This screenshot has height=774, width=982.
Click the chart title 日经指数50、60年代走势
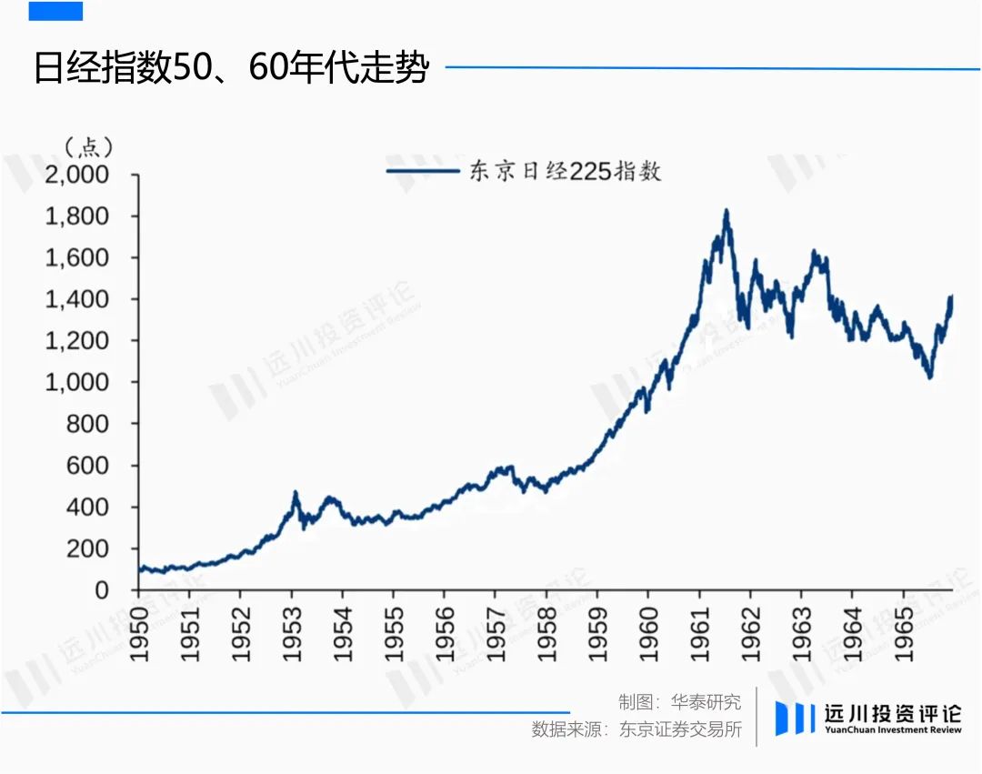click(x=231, y=69)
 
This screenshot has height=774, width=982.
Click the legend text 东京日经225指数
click(x=564, y=170)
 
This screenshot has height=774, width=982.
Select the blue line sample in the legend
click(x=422, y=170)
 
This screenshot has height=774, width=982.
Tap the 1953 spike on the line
click(x=296, y=494)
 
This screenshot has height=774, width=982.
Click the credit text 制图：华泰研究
click(x=679, y=702)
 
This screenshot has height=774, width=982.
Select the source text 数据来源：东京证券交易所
click(x=636, y=729)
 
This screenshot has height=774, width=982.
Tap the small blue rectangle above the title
click(x=55, y=11)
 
